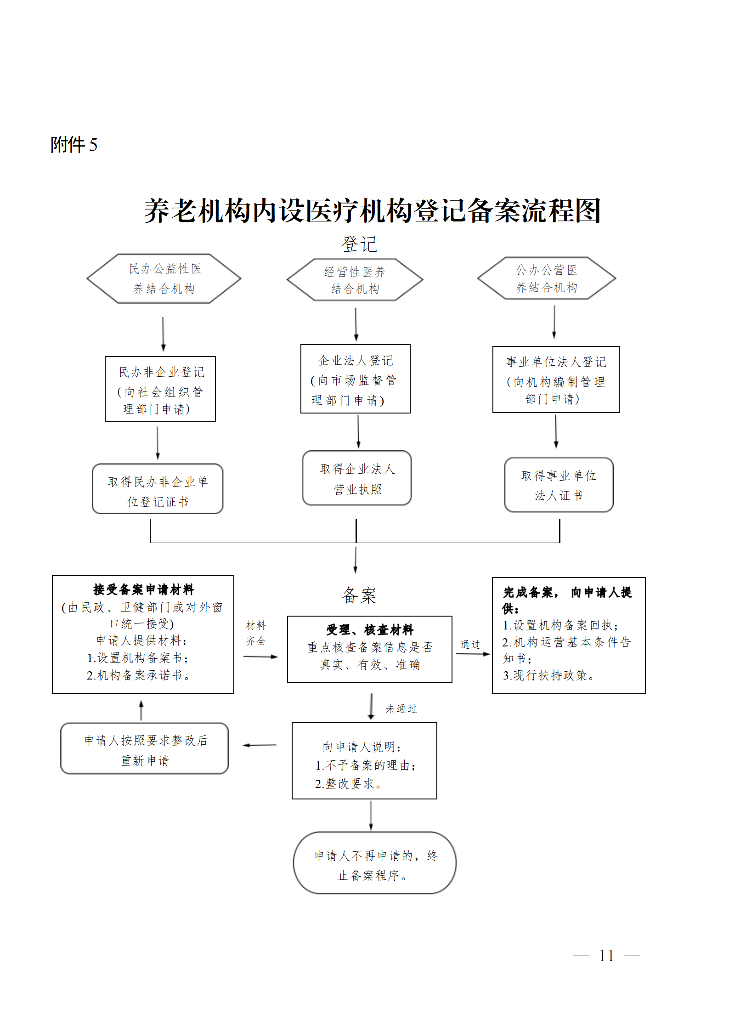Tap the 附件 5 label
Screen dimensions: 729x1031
[x=74, y=145]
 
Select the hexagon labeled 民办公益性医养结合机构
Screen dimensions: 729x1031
[x=164, y=278]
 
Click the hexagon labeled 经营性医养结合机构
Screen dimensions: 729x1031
[x=355, y=280]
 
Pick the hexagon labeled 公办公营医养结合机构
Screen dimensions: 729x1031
[x=547, y=278]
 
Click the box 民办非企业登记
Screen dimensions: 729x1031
[x=160, y=389]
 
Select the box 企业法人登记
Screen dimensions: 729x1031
[x=356, y=379]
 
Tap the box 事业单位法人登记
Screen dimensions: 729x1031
[x=556, y=380]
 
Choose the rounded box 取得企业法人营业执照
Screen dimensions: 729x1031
[x=357, y=478]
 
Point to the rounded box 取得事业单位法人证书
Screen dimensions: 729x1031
[x=559, y=485]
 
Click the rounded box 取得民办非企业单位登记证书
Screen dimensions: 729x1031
[x=158, y=489]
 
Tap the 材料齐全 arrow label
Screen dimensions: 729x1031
[x=256, y=633]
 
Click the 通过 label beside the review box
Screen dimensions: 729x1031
[x=470, y=645]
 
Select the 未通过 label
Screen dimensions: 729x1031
[x=401, y=709]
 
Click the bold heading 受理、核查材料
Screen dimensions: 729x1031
[x=370, y=629]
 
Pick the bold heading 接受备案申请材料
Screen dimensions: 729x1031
[x=144, y=589]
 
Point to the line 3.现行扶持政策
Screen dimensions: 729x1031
[x=549, y=675]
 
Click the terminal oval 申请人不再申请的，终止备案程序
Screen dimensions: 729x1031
[x=375, y=863]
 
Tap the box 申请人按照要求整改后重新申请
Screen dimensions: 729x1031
[x=145, y=748]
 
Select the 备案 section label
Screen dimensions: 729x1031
[x=359, y=595]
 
